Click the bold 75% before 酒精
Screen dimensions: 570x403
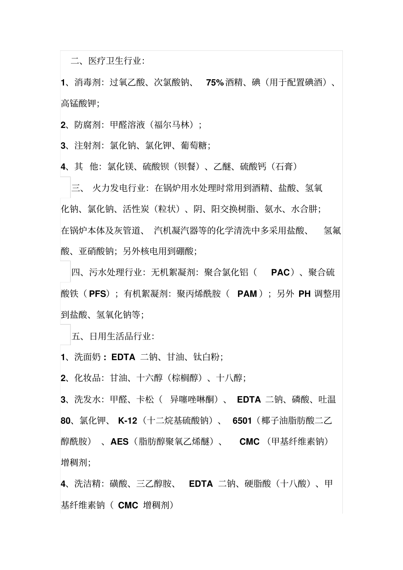(215, 83)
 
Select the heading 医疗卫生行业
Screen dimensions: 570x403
(114, 61)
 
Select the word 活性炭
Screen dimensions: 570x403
(136, 209)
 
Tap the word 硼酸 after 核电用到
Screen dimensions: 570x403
(185, 251)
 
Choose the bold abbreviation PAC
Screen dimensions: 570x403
(280, 272)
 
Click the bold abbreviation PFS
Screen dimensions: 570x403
(98, 294)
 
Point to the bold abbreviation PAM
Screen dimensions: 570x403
(247, 294)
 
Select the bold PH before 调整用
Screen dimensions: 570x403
(305, 294)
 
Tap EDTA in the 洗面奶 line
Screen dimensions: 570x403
(123, 357)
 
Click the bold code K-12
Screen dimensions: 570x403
(128, 421)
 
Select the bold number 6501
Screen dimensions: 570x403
(242, 421)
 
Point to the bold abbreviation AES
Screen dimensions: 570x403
(120, 442)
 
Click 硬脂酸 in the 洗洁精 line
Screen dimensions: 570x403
(258, 484)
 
